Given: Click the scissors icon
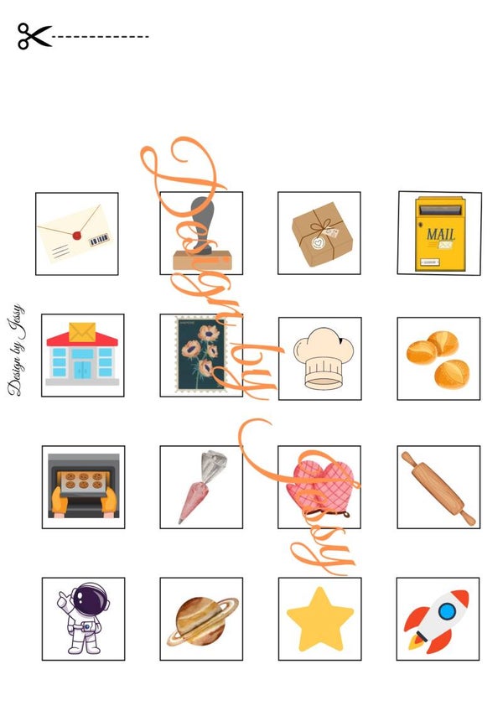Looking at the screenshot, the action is point(34,36).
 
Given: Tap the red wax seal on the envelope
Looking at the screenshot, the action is point(77,236).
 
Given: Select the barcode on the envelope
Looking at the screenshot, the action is point(99,239).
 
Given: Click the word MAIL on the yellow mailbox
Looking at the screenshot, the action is point(440,234).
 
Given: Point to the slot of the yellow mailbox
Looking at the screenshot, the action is point(440,210).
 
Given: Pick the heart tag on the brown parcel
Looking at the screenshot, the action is point(318,243).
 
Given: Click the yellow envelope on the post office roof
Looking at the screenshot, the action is point(82,332).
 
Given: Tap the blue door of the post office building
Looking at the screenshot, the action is point(82,370).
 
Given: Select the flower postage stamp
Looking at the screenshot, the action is point(200,354).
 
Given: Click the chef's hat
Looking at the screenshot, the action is point(323,358).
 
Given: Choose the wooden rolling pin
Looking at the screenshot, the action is point(438,488).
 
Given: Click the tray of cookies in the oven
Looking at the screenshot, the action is point(84,482).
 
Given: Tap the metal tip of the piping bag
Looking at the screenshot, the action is point(214,465).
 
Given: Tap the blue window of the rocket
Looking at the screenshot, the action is point(447,612).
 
